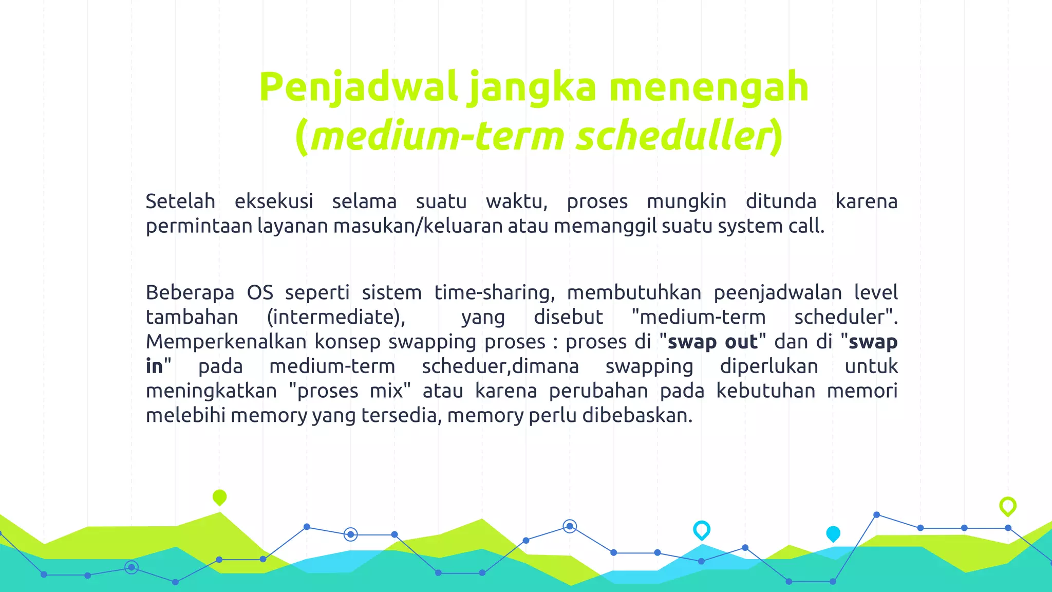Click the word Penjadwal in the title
[358, 87]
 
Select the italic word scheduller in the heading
[673, 136]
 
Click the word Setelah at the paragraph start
[180, 201]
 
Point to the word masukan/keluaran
[418, 226]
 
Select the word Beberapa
[190, 292]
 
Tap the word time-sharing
[494, 292]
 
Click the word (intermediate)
[336, 317]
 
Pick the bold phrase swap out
[712, 342]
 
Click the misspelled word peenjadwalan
[778, 292]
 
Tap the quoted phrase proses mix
[350, 391]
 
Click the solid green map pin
[219, 497]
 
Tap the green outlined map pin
[1008, 506]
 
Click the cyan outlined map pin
[702, 529]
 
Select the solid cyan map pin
[833, 533]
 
